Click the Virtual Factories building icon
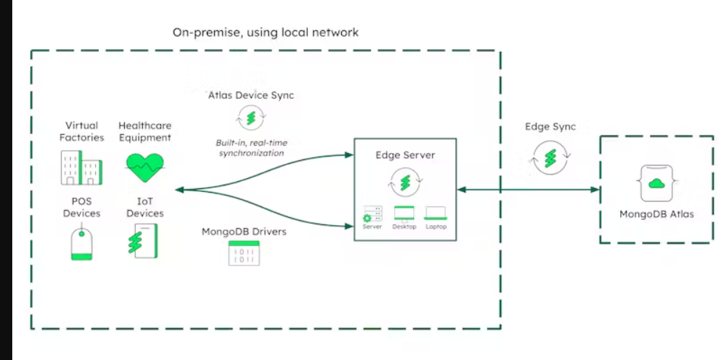[x=79, y=167]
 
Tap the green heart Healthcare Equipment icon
[x=144, y=167]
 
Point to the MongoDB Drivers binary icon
[x=243, y=253]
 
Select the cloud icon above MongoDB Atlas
[x=656, y=184]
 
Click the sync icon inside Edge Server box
[x=405, y=182]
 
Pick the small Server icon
[x=373, y=214]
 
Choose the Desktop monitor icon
[x=405, y=214]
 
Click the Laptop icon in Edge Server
[x=436, y=214]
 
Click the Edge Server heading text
[x=405, y=155]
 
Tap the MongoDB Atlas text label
[x=656, y=214]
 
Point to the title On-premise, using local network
[x=265, y=32]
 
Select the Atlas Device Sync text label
[x=250, y=95]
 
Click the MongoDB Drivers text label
[x=244, y=232]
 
